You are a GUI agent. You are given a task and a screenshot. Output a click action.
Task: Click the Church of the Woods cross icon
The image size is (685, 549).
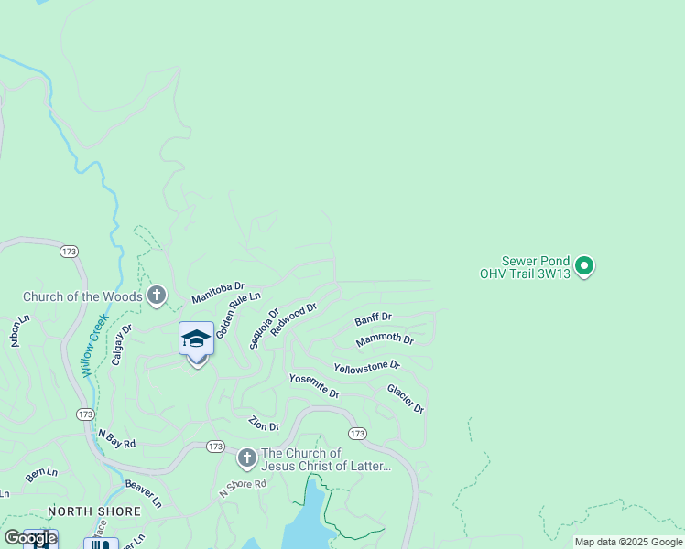point(157,296)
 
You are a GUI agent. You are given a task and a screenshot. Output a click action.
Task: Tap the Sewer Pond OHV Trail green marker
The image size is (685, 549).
point(584,266)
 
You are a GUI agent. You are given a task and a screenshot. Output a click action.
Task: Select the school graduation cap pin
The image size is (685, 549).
point(196,339)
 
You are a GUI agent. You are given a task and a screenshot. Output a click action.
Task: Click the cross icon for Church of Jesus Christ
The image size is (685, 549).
point(246,458)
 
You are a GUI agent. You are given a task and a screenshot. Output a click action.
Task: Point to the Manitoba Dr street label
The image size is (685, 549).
point(218,293)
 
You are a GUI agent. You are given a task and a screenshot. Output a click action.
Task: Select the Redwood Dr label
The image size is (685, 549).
point(293,319)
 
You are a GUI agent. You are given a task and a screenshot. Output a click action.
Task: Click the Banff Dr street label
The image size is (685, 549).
point(373,318)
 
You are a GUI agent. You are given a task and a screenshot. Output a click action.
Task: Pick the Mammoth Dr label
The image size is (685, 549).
point(385,339)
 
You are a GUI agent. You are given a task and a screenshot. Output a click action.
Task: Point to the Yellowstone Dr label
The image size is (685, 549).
point(366,366)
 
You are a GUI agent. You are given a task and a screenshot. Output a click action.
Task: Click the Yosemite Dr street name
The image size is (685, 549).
point(314,385)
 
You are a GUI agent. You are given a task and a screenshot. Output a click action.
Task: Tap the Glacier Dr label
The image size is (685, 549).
point(405,398)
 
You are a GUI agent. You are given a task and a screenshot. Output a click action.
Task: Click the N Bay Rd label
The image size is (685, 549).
point(116,439)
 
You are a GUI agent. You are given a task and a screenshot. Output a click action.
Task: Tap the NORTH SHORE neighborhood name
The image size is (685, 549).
point(94,511)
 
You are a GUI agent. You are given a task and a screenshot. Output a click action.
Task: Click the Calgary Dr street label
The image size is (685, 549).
point(122,344)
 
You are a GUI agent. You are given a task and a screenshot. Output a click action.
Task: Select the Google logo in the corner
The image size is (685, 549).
point(30,538)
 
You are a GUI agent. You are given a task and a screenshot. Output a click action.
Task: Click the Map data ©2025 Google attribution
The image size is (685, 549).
point(628,542)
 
